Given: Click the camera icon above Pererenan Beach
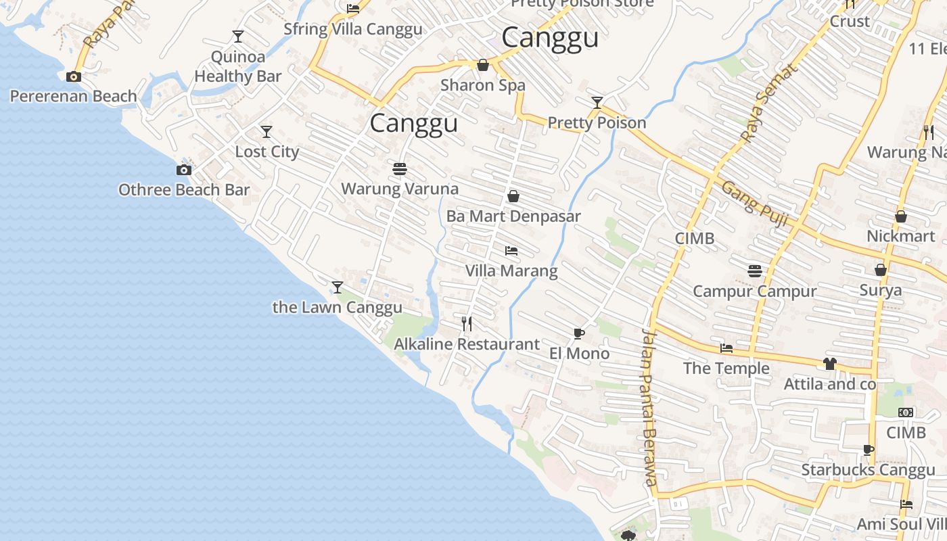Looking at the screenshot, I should click(x=74, y=77).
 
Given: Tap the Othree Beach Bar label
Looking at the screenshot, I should click(x=184, y=190).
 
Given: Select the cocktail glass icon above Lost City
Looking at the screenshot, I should click(x=267, y=132).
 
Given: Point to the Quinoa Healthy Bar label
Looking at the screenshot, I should click(x=237, y=66).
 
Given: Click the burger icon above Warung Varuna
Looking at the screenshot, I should click(x=400, y=168).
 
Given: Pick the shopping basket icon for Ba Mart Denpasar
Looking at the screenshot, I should click(x=513, y=197).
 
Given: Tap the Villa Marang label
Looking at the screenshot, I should click(x=511, y=271).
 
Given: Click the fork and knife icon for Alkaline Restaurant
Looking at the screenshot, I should click(x=467, y=324).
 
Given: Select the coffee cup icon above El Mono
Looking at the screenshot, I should click(x=579, y=333).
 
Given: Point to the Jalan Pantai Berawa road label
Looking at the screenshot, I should click(x=649, y=406).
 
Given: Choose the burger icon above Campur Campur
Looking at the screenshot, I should click(x=755, y=271).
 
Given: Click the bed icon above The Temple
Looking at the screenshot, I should click(x=726, y=349).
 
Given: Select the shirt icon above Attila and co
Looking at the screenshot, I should click(x=830, y=364).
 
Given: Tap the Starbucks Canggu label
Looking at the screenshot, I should click(x=868, y=470).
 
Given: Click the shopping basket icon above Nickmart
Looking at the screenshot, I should click(x=901, y=217).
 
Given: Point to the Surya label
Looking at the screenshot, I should click(x=881, y=290).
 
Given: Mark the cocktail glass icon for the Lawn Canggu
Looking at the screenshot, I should click(x=338, y=287).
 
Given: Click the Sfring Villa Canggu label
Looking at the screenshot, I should click(x=353, y=29).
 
